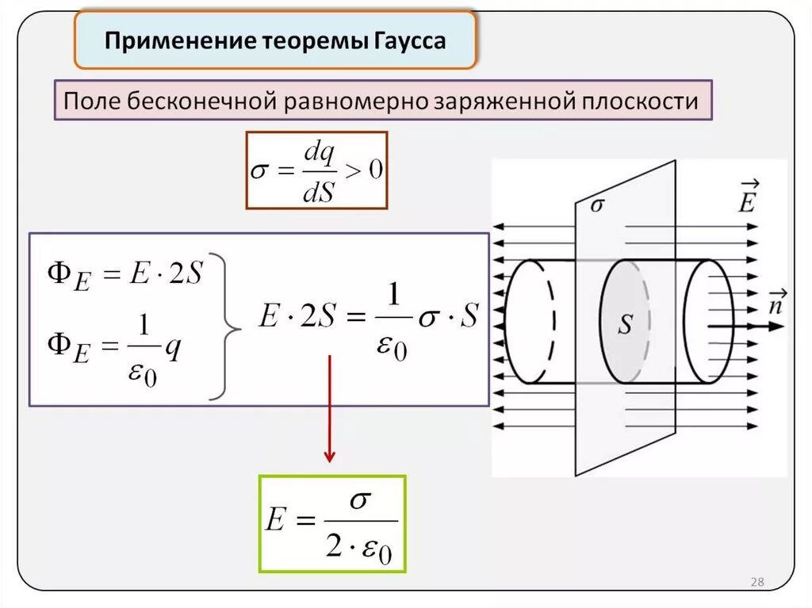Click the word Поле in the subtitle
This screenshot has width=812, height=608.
pyautogui.click(x=88, y=101)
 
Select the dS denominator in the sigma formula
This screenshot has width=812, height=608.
pyautogui.click(x=320, y=190)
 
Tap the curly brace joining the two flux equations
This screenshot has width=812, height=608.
pyautogui.click(x=228, y=327)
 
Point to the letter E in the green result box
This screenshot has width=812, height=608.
pyautogui.click(x=275, y=522)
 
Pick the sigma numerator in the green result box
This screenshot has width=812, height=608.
pyautogui.click(x=361, y=500)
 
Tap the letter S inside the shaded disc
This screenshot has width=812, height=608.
pyautogui.click(x=626, y=326)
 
